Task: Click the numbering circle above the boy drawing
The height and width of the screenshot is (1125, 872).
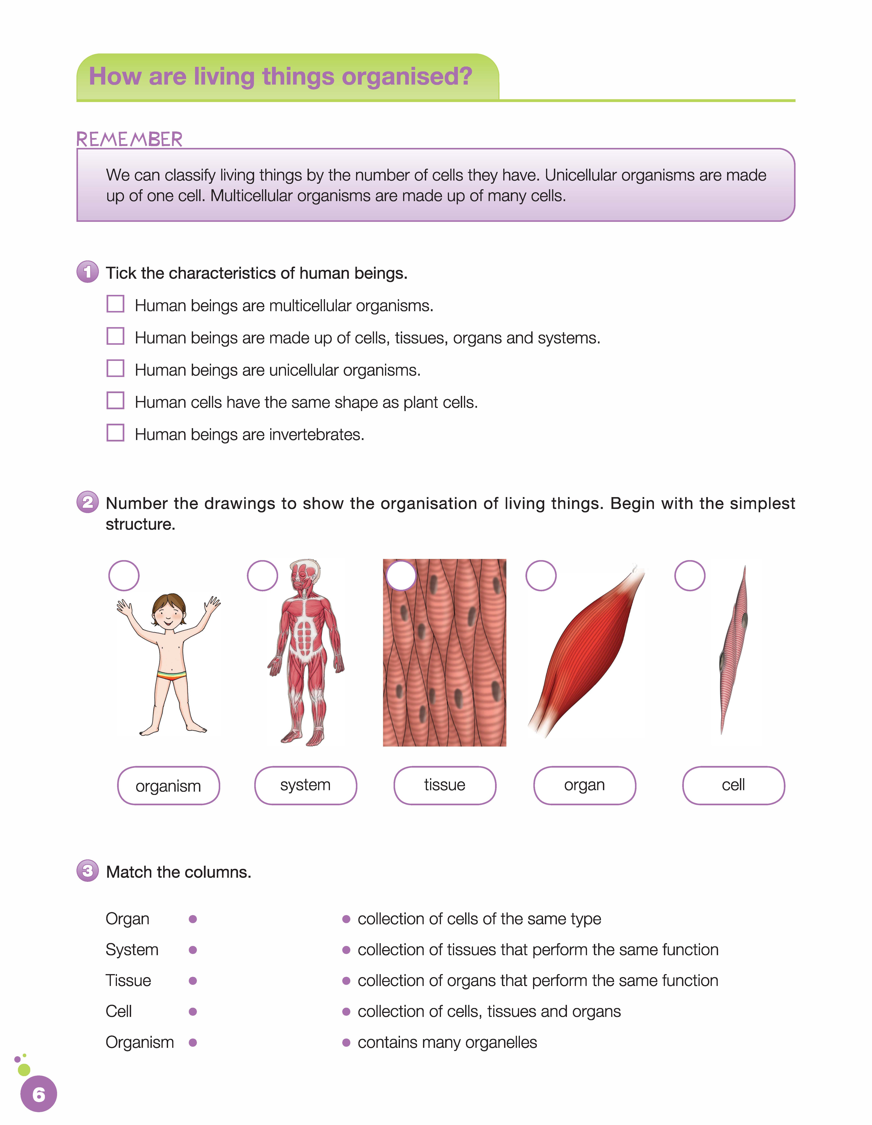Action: click(x=124, y=575)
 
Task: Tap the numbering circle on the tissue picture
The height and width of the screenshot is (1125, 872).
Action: click(x=401, y=575)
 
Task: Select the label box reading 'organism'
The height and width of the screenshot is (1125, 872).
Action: click(x=168, y=786)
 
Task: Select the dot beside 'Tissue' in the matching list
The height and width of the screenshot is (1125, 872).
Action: click(x=193, y=981)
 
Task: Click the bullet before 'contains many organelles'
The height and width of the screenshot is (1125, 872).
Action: click(x=346, y=1043)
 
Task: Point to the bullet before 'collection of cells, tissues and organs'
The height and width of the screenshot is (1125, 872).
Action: click(x=346, y=1012)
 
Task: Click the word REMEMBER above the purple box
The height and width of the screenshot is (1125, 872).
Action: click(x=129, y=139)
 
